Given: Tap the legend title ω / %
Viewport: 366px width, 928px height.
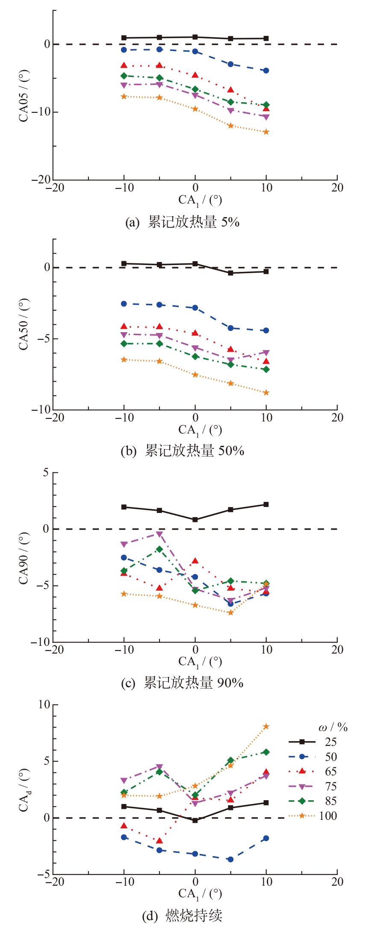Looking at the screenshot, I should [x=333, y=728].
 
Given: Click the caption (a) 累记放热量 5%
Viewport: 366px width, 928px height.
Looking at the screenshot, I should [x=183, y=222].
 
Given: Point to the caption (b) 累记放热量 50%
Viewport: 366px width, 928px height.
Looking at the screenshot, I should [x=183, y=451].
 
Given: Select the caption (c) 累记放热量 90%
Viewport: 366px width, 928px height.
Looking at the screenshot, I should [x=183, y=683].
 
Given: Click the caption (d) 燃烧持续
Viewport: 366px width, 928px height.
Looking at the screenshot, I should [x=183, y=916].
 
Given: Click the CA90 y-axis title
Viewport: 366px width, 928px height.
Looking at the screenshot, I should [x=24, y=558].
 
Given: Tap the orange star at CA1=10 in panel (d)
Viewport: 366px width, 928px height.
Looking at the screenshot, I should [x=266, y=726].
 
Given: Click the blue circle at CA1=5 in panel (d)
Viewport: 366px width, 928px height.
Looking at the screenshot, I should [x=230, y=859].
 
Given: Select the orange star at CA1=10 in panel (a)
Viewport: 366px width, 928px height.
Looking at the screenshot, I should [x=266, y=132].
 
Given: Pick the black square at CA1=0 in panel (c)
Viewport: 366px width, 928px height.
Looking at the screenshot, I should [x=195, y=520].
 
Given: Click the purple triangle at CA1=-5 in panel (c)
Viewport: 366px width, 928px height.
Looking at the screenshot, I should [x=159, y=534].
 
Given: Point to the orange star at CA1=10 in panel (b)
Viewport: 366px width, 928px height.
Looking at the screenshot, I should [x=266, y=392].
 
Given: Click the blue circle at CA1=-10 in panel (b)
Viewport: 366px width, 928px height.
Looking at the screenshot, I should [x=124, y=303].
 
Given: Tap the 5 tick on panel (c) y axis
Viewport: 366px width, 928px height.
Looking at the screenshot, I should [x=45, y=472].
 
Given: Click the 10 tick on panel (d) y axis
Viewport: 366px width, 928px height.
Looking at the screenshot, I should [x=44, y=704].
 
